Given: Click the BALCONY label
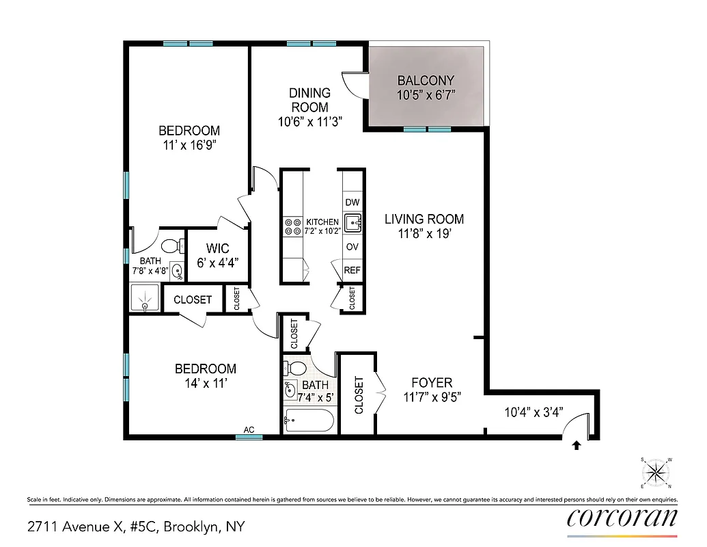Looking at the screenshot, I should [x=425, y=80].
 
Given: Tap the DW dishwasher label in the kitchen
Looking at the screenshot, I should [x=352, y=202].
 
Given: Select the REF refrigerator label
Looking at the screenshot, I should [x=352, y=270].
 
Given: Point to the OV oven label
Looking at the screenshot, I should [x=352, y=247].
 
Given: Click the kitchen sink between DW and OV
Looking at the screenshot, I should [x=352, y=223].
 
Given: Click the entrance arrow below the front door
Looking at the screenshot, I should [x=576, y=445].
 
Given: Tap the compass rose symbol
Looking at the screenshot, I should [x=655, y=472].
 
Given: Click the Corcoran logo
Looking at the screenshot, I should [x=622, y=518].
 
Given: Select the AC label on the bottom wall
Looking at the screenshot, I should [x=249, y=429].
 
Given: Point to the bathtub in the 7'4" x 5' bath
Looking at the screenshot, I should [x=309, y=420].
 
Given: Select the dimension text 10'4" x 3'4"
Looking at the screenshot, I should [x=533, y=412].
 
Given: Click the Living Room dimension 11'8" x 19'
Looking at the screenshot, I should [x=424, y=233].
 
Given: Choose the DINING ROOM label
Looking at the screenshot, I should [x=309, y=100].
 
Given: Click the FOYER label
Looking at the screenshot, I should [x=431, y=383].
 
